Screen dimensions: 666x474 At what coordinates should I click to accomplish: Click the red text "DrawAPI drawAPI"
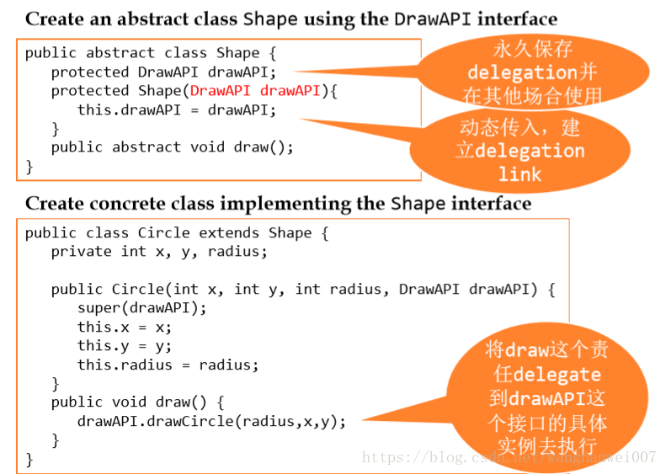tap(255, 91)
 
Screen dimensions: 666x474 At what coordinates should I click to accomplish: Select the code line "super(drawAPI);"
tap(141, 308)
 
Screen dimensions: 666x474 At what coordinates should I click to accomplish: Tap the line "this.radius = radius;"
tap(168, 365)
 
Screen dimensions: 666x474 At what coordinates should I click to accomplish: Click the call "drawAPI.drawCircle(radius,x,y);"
tap(211, 421)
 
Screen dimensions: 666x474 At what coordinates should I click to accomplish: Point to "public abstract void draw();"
tap(172, 147)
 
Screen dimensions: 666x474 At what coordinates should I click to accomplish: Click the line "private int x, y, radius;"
tap(159, 252)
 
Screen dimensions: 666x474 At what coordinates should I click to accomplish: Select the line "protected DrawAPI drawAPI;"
tap(163, 72)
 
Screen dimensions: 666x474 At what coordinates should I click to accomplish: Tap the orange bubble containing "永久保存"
tap(533, 72)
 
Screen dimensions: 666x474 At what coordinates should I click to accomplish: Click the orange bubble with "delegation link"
tap(519, 151)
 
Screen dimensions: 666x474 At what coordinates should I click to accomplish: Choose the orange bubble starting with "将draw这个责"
tap(546, 397)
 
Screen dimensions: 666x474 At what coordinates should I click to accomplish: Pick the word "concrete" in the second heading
tap(127, 204)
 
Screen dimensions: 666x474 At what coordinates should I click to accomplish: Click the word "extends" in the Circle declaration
tap(228, 232)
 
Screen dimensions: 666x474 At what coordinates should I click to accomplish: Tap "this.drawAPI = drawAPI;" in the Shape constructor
tap(176, 110)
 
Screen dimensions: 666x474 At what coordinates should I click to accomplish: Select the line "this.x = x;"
tap(125, 327)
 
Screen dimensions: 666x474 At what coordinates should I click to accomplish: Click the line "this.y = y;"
tap(125, 346)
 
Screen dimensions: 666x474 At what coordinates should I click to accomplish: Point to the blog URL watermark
tap(509, 457)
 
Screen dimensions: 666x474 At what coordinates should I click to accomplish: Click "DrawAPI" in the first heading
tap(433, 19)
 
